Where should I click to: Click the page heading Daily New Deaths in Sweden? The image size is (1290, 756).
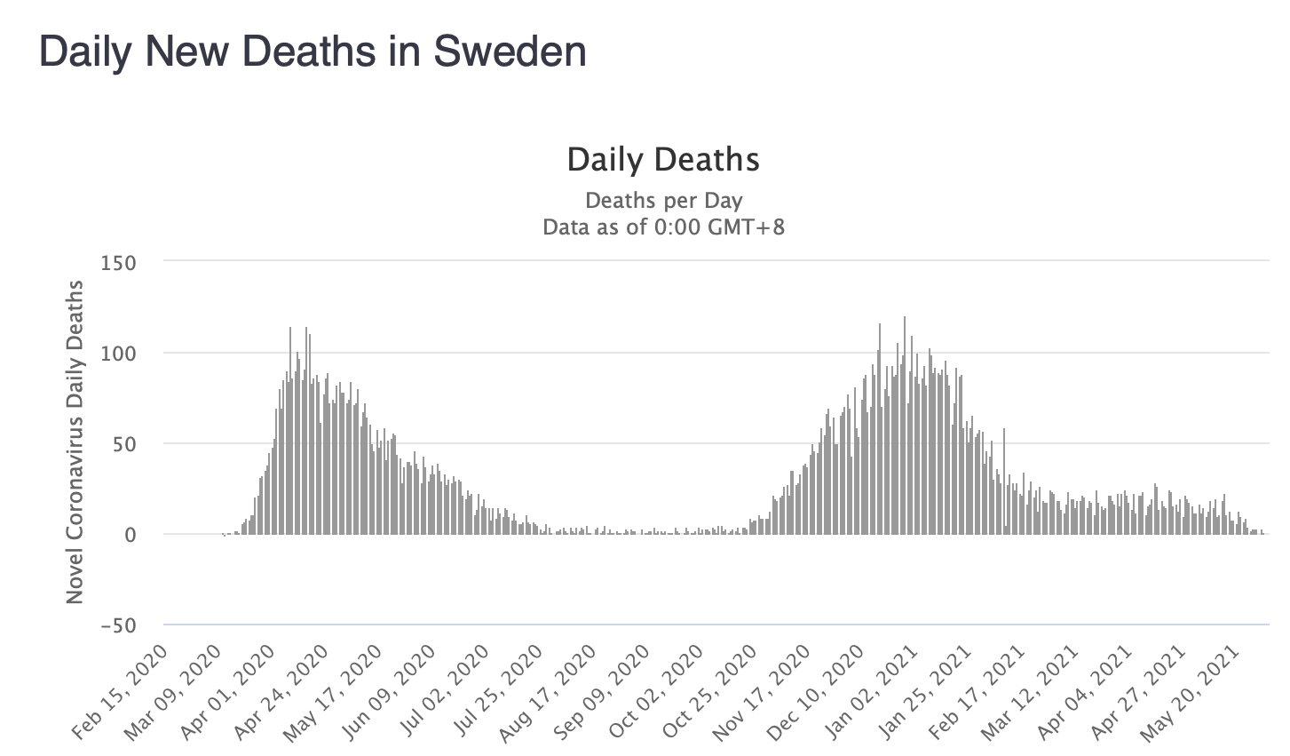[313, 52]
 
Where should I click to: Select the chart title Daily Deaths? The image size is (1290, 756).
[663, 160]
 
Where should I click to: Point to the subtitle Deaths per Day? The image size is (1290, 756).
[663, 201]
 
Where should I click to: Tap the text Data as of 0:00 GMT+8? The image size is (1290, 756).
[663, 227]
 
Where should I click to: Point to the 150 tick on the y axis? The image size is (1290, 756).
[118, 263]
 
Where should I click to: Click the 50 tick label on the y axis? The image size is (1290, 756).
[123, 444]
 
